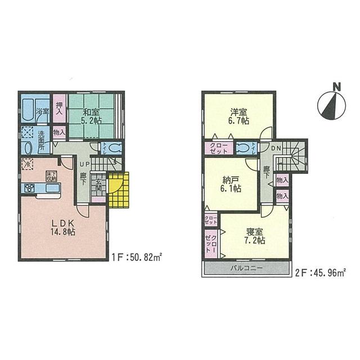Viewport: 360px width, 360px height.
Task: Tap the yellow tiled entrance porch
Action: (x=119, y=190)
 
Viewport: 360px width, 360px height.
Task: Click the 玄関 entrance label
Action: (x=98, y=187)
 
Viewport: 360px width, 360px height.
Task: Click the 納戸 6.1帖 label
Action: (x=229, y=184)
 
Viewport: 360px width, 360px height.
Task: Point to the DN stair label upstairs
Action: (x=276, y=148)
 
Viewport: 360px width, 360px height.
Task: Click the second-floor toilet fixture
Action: (x=243, y=148)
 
